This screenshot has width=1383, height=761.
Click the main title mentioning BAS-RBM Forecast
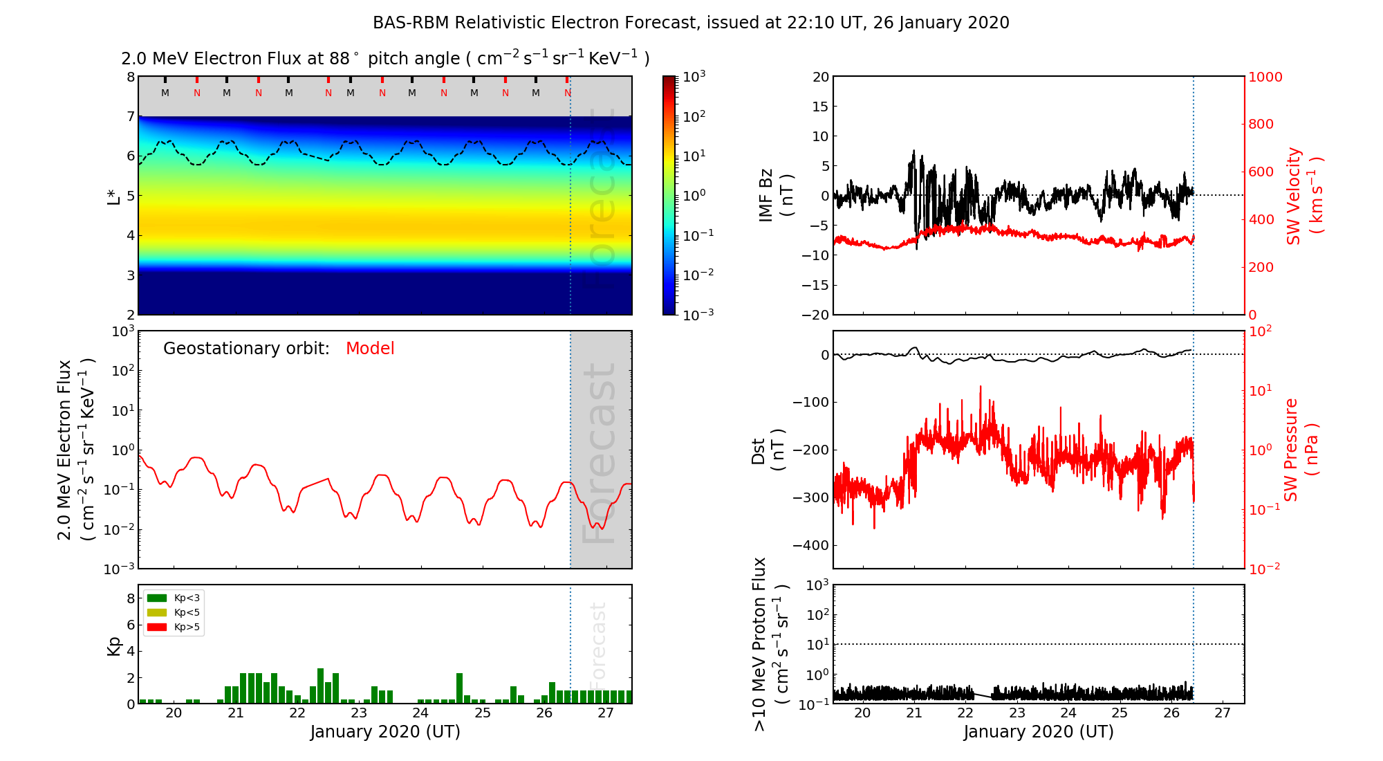click(x=691, y=23)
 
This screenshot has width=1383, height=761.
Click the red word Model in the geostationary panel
click(x=370, y=349)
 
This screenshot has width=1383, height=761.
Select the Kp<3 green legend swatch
click(x=157, y=598)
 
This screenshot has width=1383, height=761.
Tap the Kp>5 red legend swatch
click(x=157, y=627)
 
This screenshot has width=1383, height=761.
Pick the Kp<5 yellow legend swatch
click(x=157, y=613)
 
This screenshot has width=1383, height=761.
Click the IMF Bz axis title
click(x=775, y=196)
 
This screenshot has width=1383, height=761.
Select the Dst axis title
click(x=768, y=450)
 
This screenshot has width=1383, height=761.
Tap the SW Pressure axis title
click(x=1301, y=450)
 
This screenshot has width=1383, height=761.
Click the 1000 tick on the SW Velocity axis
click(x=1265, y=77)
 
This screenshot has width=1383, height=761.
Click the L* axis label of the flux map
click(x=114, y=196)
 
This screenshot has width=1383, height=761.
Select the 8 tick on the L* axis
click(x=130, y=77)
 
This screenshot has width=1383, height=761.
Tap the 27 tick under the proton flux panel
click(x=1223, y=713)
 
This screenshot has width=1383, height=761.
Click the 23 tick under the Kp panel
click(x=359, y=713)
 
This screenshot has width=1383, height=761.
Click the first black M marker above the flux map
click(x=165, y=93)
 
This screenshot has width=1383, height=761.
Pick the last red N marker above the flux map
click(x=568, y=93)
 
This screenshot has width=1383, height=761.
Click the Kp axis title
click(x=114, y=645)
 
